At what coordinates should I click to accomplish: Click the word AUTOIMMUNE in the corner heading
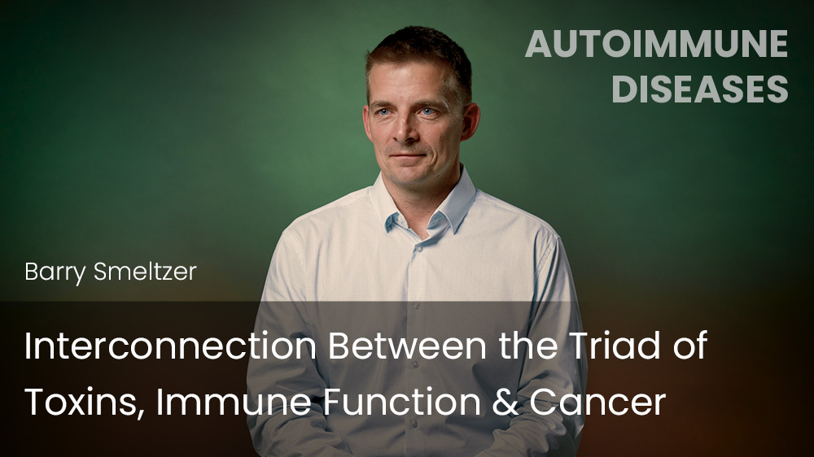tap(656, 44)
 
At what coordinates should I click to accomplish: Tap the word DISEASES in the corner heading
tap(699, 89)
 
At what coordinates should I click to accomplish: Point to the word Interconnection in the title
tap(169, 347)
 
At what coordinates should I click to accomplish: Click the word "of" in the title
tap(686, 347)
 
